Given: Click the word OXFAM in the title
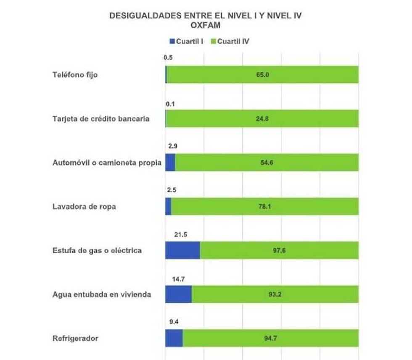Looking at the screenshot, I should pyautogui.click(x=206, y=25).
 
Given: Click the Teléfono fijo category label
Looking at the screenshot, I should pyautogui.click(x=75, y=75).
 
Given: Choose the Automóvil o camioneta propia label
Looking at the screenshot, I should pyautogui.click(x=107, y=163).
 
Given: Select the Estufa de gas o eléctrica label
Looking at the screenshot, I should pyautogui.click(x=97, y=250).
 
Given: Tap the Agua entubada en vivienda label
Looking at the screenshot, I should pyautogui.click(x=102, y=294).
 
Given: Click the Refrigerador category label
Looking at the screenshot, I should pyautogui.click(x=75, y=338).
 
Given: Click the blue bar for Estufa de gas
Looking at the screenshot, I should pyautogui.click(x=182, y=250).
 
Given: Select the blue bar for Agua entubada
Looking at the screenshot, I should pyautogui.click(x=178, y=294).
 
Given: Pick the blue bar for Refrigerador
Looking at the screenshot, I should pyautogui.click(x=174, y=338).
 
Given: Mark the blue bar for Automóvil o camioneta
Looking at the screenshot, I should pyautogui.click(x=170, y=163).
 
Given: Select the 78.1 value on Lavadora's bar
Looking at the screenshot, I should pyautogui.click(x=265, y=207).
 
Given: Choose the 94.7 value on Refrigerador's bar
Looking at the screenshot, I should pyautogui.click(x=271, y=339).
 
